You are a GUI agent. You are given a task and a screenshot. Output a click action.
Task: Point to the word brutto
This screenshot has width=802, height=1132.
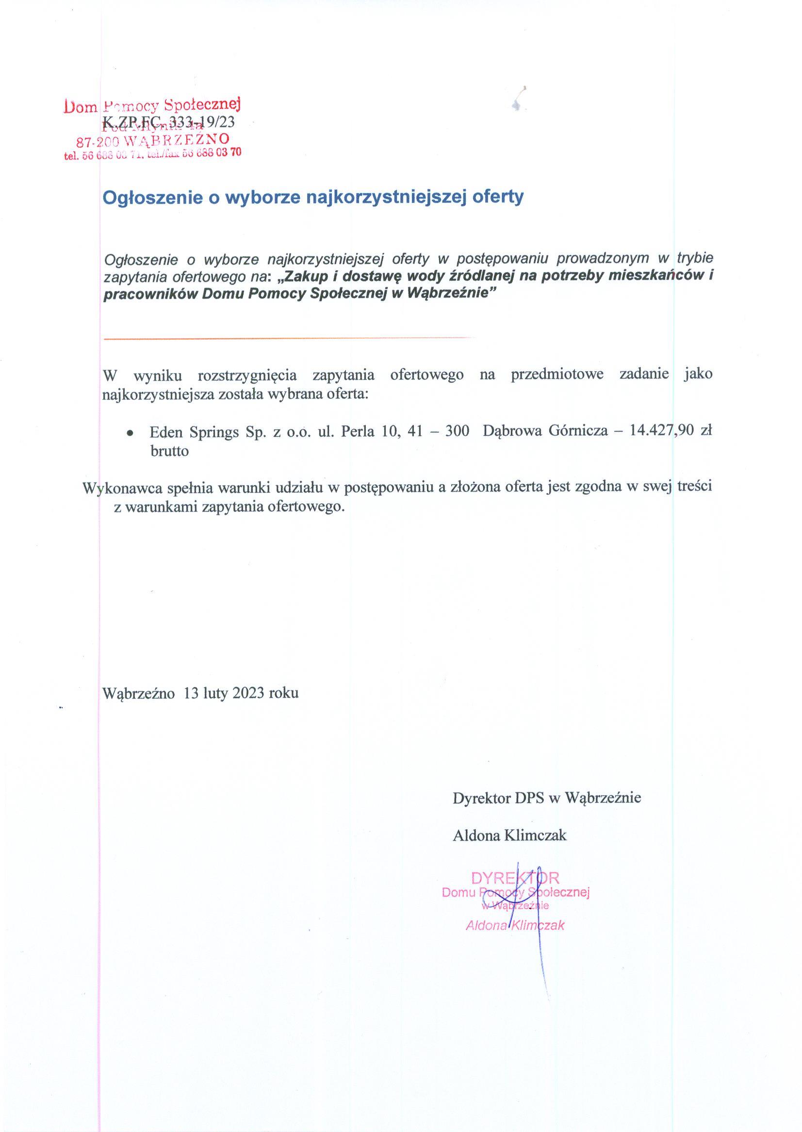(x=169, y=451)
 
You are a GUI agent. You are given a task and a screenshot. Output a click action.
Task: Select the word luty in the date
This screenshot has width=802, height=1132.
(x=214, y=693)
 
